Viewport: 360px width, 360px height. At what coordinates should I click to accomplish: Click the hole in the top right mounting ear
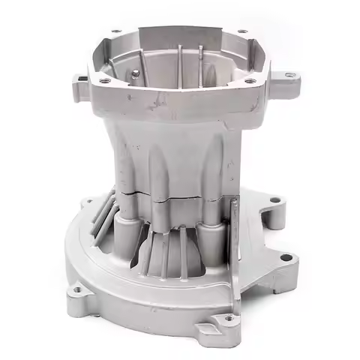click(290, 75)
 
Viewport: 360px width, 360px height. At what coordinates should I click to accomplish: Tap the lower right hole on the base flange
click(285, 258)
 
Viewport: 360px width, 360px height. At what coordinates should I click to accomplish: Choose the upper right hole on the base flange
click(274, 201)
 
